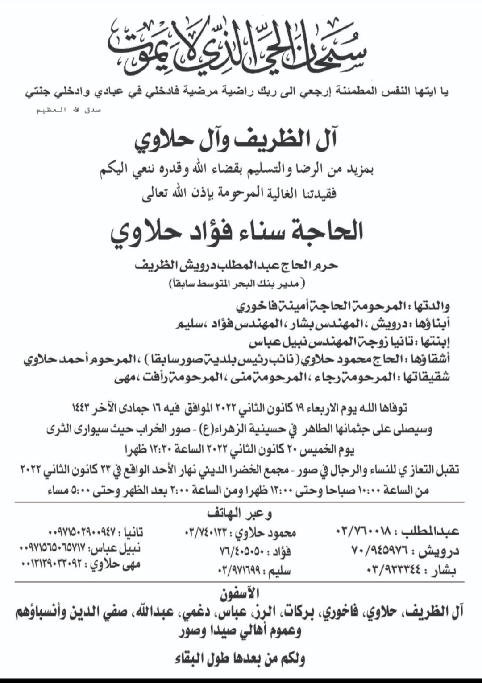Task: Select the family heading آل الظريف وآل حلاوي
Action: point(236,140)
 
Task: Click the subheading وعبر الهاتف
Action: point(240,514)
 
